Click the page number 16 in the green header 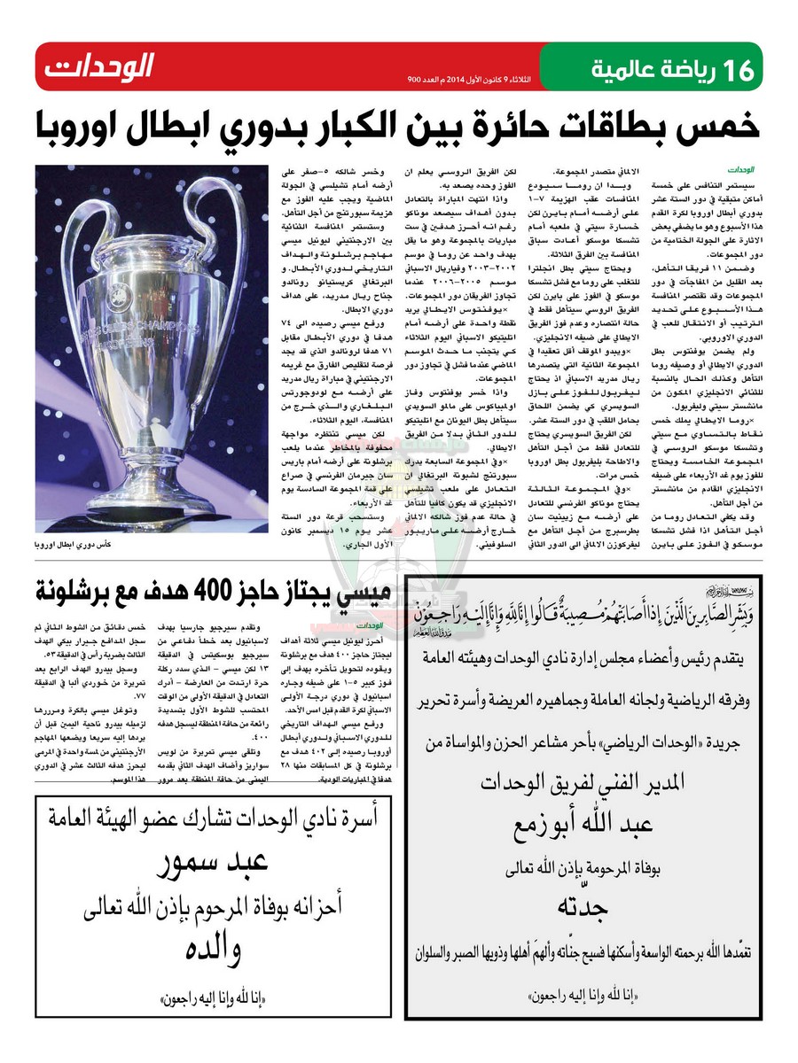(x=737, y=70)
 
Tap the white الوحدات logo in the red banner (x=98, y=66)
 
